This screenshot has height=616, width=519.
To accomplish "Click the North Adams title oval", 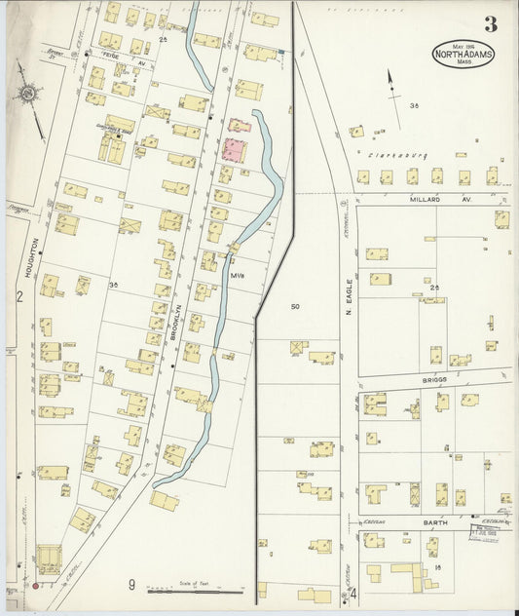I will pyautogui.click(x=463, y=53).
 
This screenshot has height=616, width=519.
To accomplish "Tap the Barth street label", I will pyautogui.click(x=434, y=522).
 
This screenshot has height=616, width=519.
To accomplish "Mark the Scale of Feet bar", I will pyautogui.click(x=195, y=590).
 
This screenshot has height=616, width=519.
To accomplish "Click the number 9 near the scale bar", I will pyautogui.click(x=131, y=585).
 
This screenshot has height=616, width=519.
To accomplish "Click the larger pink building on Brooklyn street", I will pyautogui.click(x=235, y=150).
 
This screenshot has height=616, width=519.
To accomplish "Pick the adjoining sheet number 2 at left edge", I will pyautogui.click(x=19, y=297).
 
